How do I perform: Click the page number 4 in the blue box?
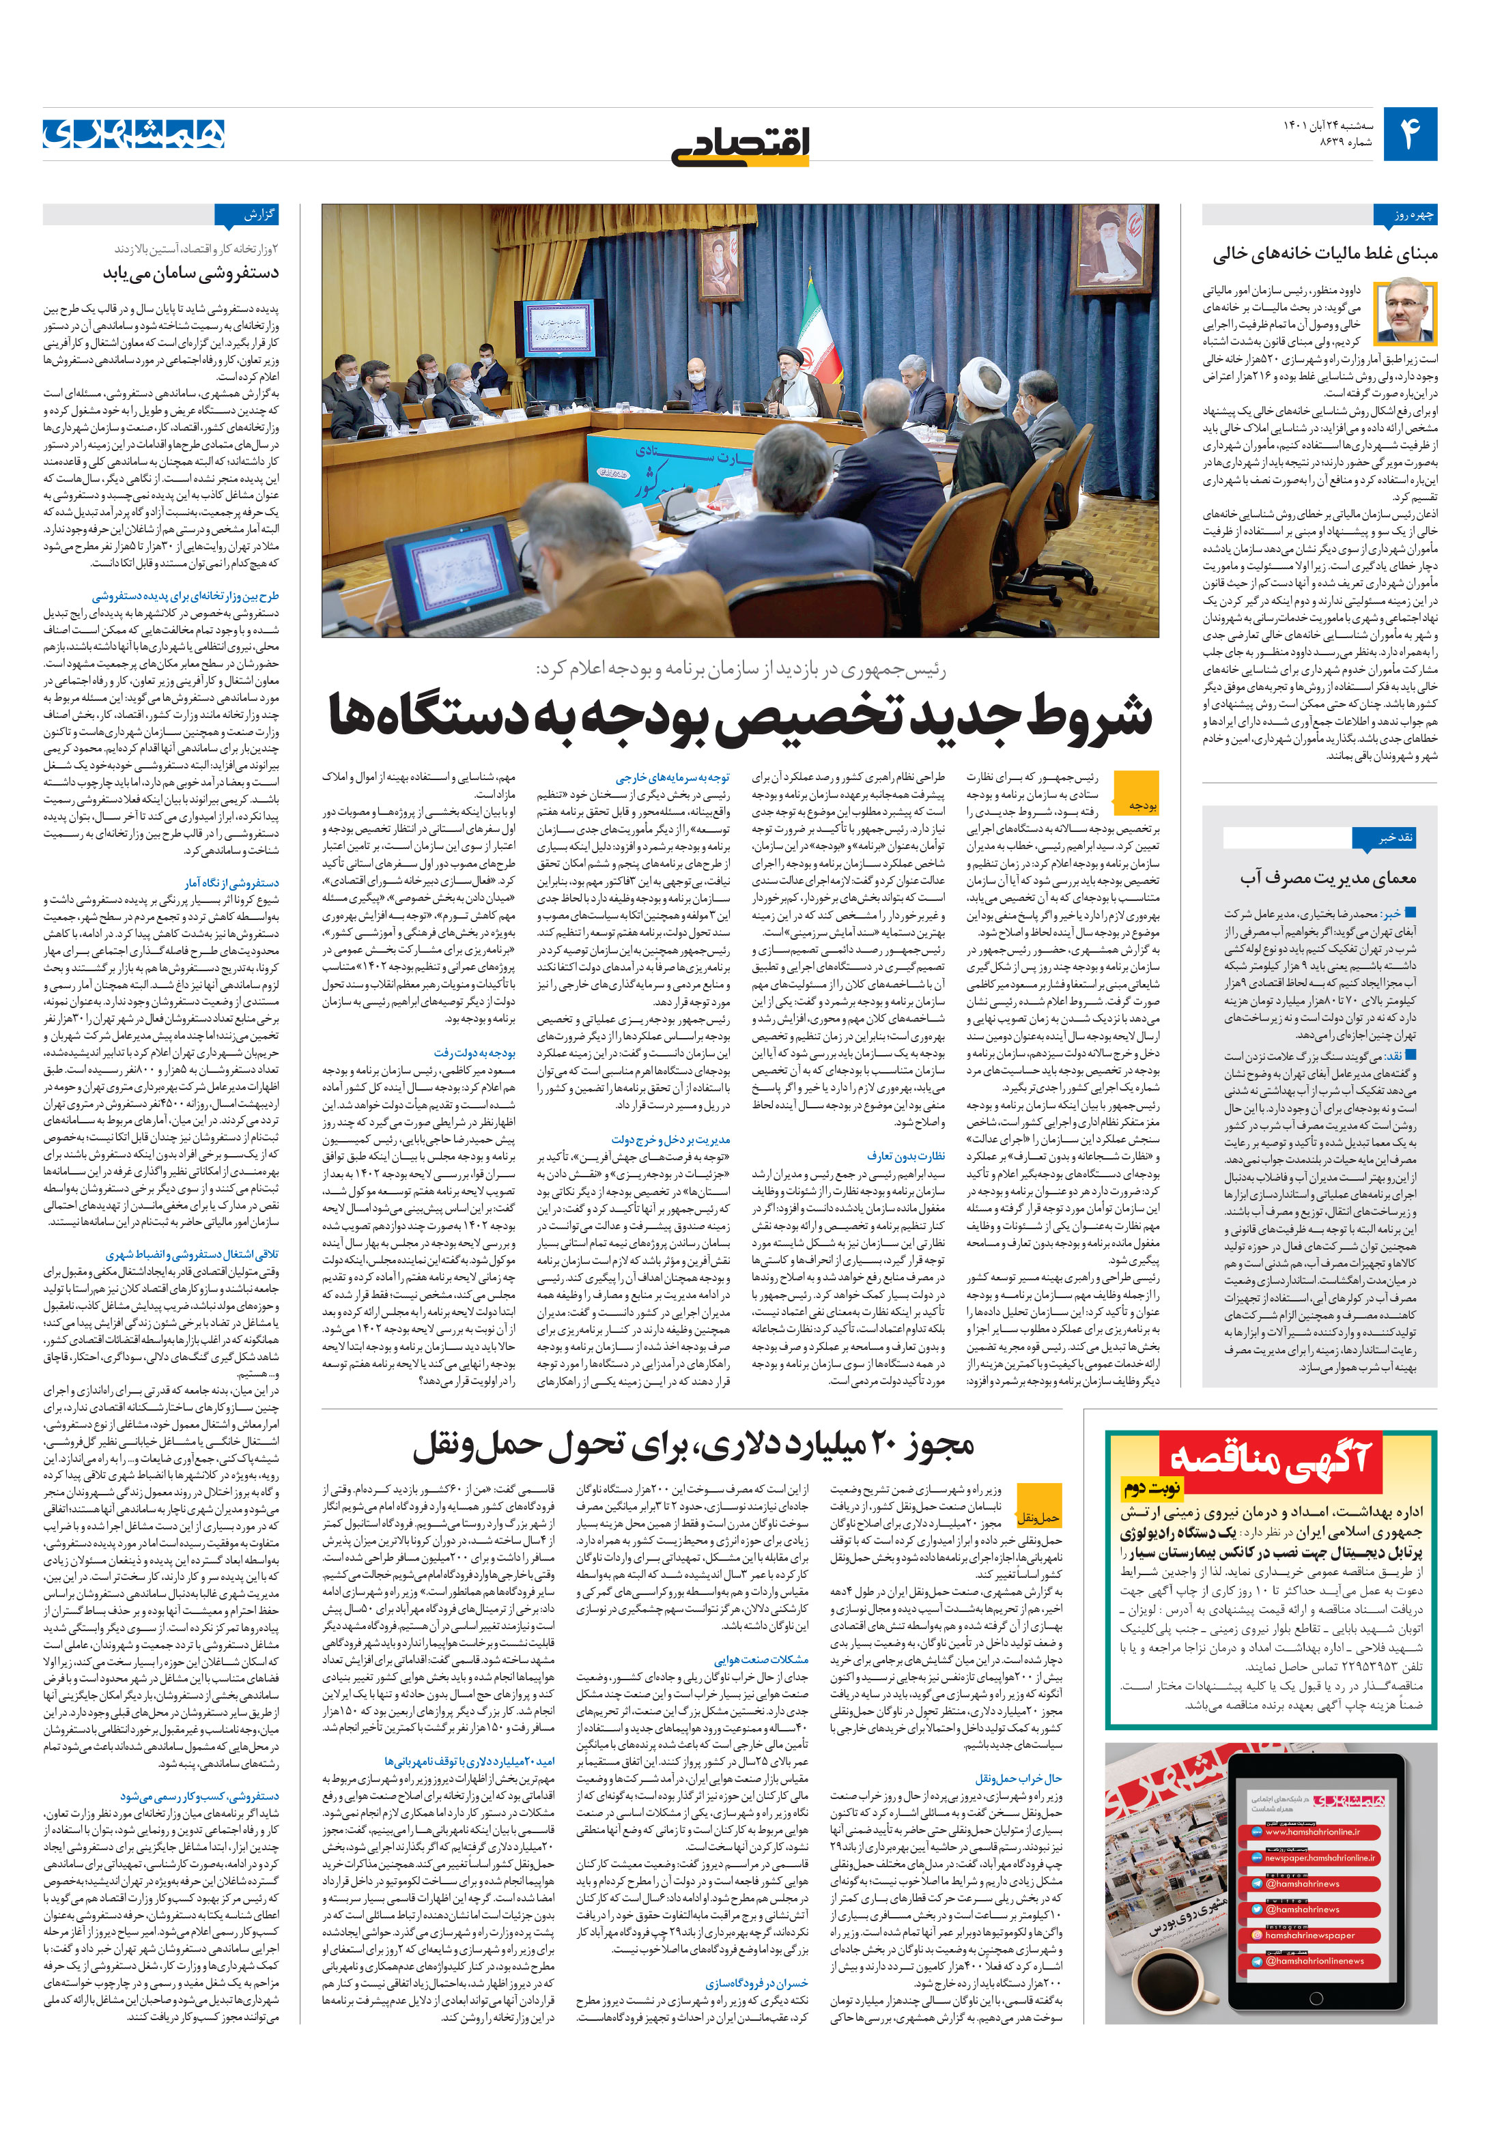tap(1408, 134)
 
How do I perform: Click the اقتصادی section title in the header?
tap(740, 146)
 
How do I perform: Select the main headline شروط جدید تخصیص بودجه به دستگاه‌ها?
tap(740, 717)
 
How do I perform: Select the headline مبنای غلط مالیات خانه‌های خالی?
tap(1325, 254)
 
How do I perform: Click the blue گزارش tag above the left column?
tap(246, 216)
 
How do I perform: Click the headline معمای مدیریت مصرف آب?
tap(1328, 878)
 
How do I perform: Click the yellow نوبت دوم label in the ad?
tap(1152, 1486)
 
